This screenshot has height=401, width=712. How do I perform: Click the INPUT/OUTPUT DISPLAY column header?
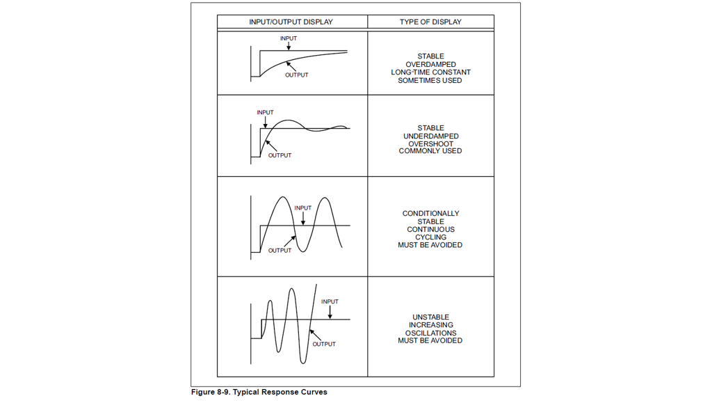click(291, 22)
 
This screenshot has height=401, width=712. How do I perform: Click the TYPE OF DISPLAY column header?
click(430, 22)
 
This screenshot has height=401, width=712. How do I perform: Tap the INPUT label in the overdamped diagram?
click(289, 39)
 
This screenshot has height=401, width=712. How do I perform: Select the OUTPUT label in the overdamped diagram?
click(297, 75)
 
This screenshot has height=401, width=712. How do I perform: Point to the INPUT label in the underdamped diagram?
click(265, 113)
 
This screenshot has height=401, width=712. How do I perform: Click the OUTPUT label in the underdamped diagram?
click(280, 155)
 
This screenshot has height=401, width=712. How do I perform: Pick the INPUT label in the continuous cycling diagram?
click(303, 208)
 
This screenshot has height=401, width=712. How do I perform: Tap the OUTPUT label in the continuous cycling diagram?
click(280, 251)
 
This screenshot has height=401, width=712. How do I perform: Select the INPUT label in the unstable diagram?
click(330, 302)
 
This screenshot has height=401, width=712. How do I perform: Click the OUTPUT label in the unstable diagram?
click(324, 345)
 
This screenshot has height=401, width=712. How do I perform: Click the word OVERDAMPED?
click(430, 65)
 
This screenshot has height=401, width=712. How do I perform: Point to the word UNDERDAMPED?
click(430, 136)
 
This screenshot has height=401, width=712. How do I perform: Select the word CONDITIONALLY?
click(430, 214)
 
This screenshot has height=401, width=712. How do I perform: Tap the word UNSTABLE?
click(430, 317)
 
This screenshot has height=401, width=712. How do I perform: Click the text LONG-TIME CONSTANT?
click(430, 72)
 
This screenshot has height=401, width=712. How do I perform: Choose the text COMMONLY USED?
click(430, 151)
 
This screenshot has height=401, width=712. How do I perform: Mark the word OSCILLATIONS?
click(430, 333)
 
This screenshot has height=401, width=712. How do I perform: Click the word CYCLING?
click(430, 237)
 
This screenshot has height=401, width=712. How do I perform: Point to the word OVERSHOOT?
click(430, 144)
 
